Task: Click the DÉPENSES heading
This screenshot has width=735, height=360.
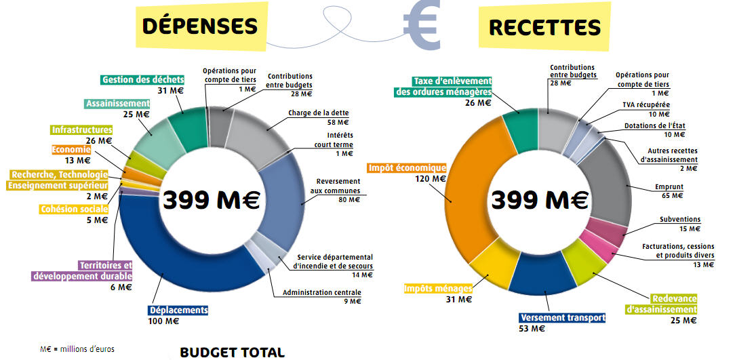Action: click(x=200, y=26)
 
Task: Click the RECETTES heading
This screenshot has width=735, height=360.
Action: click(x=544, y=27)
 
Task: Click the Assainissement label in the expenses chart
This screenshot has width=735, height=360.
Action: click(x=117, y=104)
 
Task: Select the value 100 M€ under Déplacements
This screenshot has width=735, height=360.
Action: click(x=163, y=321)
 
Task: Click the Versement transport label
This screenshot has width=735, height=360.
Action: click(x=562, y=318)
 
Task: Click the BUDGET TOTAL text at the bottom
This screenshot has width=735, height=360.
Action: click(x=232, y=353)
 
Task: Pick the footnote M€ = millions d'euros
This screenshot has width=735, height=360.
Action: click(x=73, y=349)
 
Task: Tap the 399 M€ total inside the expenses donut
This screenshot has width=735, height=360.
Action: click(x=212, y=200)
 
